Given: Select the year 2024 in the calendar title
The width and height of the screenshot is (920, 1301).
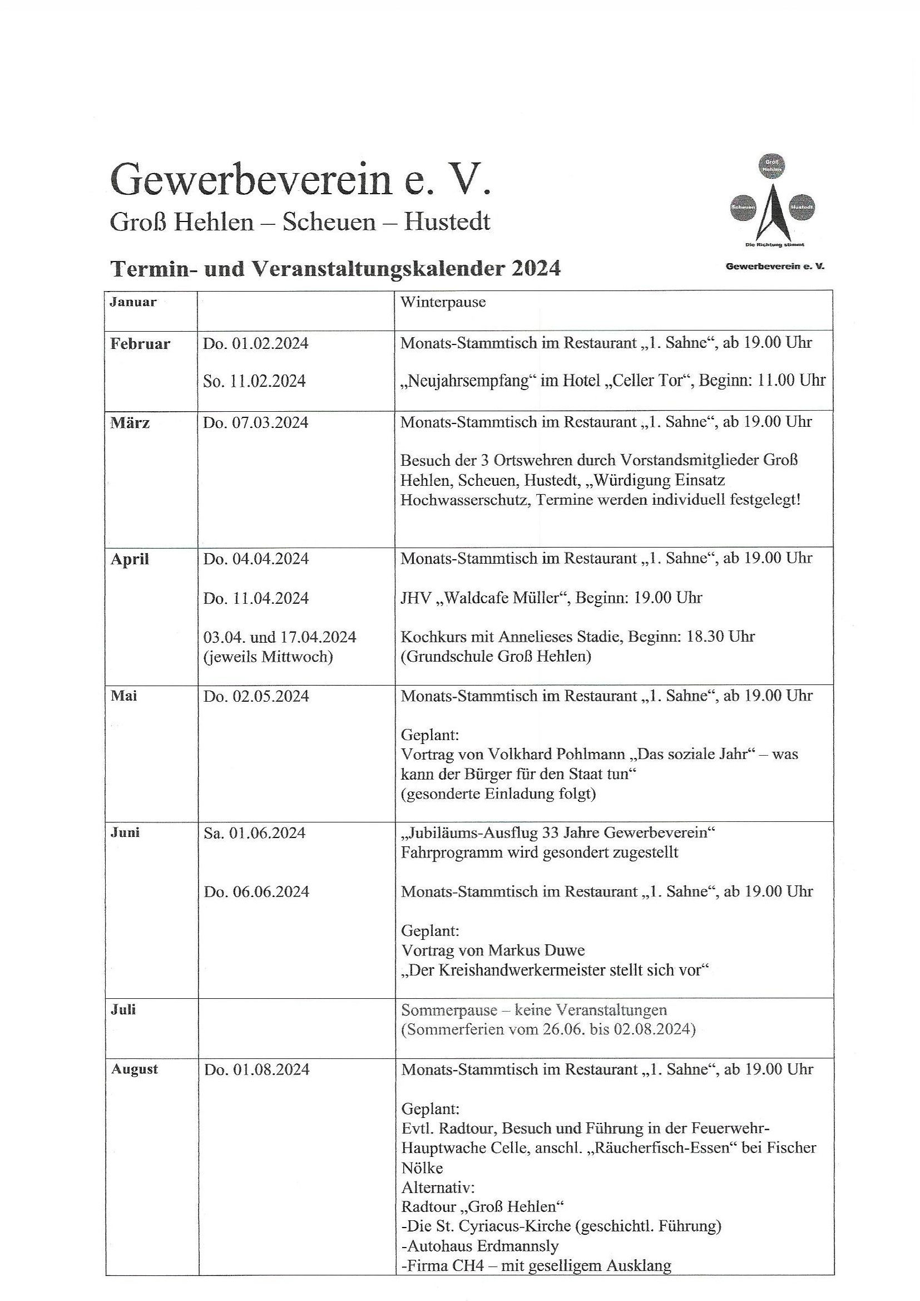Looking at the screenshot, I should coord(536,268).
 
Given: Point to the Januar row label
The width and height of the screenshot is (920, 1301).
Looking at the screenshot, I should coord(133,302).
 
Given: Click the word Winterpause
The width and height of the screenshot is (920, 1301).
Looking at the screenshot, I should coord(443,302).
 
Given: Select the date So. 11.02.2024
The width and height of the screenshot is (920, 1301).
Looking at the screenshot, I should coord(254,381).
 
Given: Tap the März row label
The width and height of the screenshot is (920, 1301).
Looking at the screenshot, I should coord(130,423).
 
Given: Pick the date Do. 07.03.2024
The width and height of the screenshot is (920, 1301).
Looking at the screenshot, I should coord(256,423).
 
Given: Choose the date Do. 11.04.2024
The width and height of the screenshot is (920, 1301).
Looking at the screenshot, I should coord(256,598).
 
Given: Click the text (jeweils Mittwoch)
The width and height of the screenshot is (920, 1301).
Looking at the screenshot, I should coord(268,657).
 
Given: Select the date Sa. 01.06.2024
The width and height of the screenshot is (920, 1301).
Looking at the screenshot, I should coord(254,833).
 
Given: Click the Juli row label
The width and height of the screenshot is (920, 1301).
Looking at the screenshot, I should coord(123,1009).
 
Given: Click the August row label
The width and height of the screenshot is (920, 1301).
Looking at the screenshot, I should coord(134,1070).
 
